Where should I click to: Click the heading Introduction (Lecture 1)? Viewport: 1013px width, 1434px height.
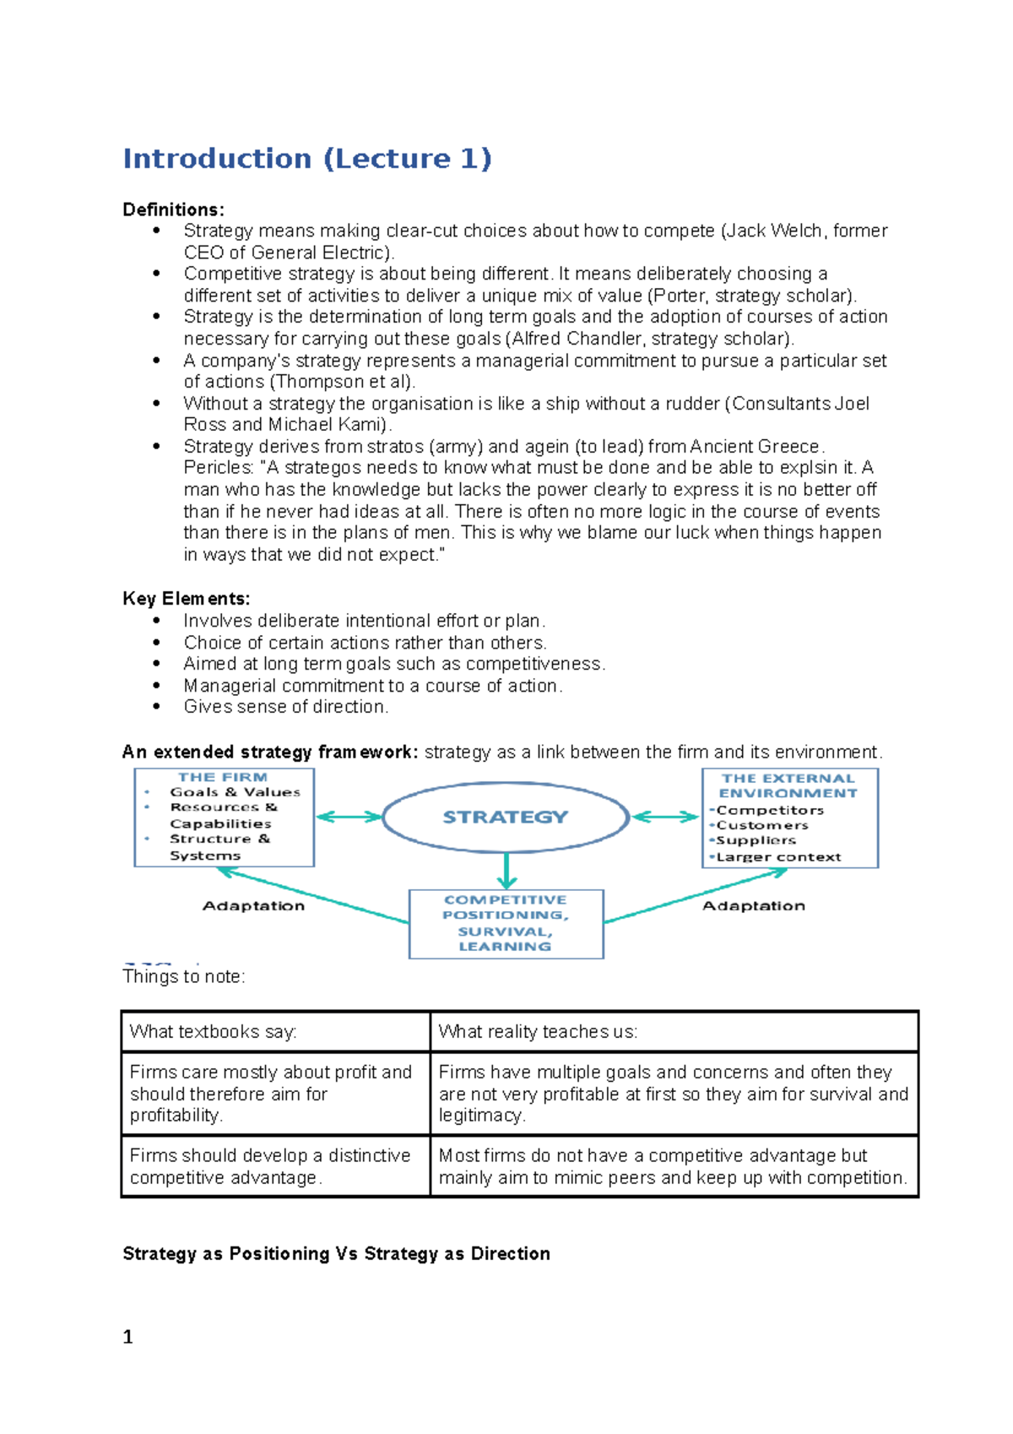(x=306, y=159)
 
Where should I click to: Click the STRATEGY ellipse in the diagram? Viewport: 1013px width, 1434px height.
(x=506, y=817)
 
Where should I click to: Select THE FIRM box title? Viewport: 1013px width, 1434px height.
(x=223, y=777)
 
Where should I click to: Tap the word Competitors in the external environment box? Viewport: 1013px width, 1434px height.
(x=770, y=810)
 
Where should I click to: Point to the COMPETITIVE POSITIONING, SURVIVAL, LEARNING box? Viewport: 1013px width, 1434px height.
(x=506, y=923)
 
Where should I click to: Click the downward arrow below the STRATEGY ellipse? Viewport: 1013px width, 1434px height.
(x=506, y=870)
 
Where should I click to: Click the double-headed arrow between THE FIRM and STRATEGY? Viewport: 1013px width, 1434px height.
(x=349, y=817)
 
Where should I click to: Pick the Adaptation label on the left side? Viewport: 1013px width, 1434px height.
(x=253, y=905)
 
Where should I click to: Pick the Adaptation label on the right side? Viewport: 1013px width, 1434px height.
(x=754, y=905)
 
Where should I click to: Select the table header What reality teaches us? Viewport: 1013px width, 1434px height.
(x=538, y=1031)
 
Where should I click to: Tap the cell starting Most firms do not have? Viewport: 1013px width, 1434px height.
(x=673, y=1166)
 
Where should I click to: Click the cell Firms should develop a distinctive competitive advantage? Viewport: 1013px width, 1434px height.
(x=270, y=1166)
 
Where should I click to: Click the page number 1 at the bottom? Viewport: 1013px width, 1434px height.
(x=128, y=1337)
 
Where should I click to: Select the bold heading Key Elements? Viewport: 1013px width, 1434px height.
(x=186, y=599)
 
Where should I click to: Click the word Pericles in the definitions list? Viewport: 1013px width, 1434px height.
(x=217, y=468)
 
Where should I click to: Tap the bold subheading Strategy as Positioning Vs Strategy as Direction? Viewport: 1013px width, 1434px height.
(x=336, y=1253)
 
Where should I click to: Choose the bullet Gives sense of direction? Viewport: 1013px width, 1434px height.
(x=285, y=707)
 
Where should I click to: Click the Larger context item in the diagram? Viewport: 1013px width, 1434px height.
(x=778, y=857)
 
